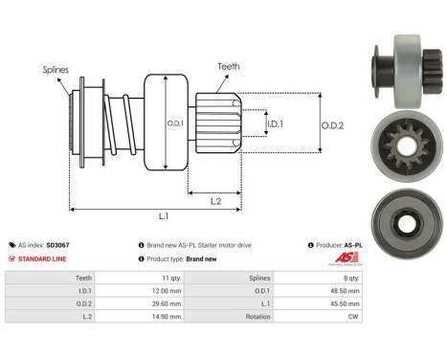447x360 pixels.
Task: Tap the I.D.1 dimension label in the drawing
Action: coord(275,124)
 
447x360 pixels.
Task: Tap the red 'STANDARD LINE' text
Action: coord(46,259)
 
